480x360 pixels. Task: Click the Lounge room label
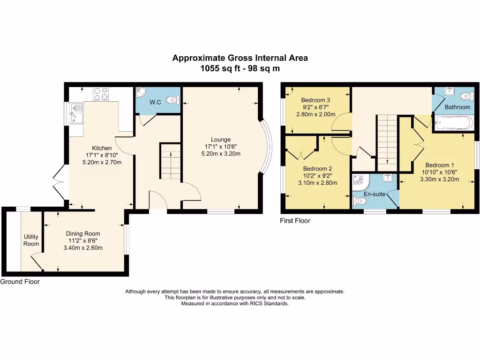tap(221, 140)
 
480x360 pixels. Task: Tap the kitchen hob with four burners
tap(101, 94)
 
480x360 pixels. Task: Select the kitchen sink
tap(76, 113)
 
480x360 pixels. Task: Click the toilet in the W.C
tap(173, 100)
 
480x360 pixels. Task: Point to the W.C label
tap(155, 102)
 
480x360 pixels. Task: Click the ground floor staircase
tap(170, 161)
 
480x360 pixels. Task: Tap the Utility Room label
tap(31, 240)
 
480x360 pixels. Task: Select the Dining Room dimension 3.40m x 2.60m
tap(83, 248)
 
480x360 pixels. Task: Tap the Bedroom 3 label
tap(315, 100)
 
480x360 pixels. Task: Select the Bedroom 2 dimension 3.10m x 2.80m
tap(318, 183)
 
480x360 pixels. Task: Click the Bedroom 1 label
tap(440, 165)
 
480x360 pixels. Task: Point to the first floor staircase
tap(387, 143)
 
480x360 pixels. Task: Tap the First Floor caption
tap(295, 221)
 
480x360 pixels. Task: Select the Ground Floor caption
tap(20, 282)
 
